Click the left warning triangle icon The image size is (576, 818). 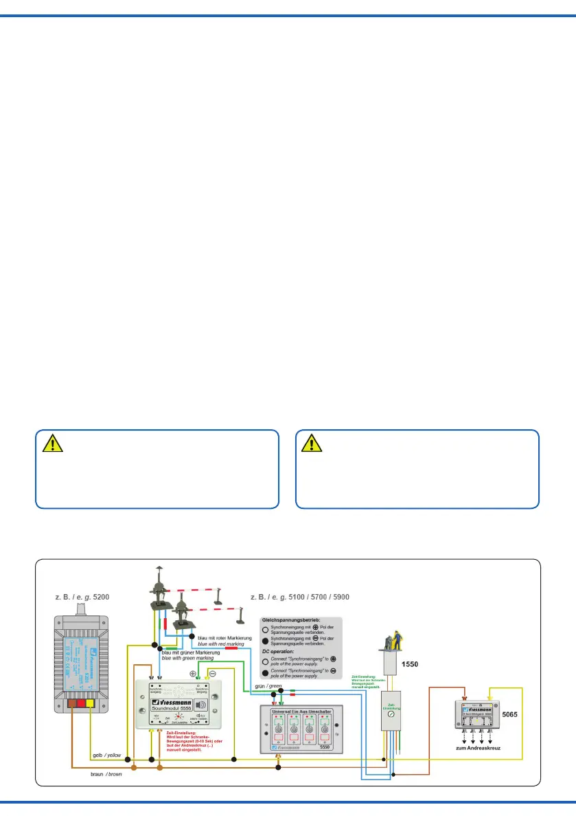click(52, 444)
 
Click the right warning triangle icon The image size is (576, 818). click(312, 444)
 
